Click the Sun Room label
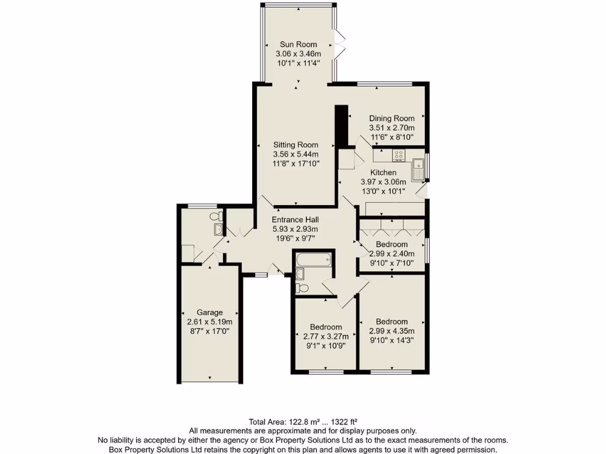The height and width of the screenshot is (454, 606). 298,44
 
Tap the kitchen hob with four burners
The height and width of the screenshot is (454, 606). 398,155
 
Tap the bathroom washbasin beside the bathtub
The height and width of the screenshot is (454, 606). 299,273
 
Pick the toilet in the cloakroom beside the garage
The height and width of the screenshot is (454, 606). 215,216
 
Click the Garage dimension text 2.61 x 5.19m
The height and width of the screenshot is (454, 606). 210,322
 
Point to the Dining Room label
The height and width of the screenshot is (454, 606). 392,118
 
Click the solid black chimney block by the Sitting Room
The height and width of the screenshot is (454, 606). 340,127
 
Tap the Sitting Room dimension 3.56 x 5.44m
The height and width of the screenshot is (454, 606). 296,154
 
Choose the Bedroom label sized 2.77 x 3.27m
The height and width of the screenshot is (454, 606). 325,327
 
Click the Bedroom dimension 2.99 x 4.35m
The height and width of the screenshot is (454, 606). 392,331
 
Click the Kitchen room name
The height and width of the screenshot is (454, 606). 383,172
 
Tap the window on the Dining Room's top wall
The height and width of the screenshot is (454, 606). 377,83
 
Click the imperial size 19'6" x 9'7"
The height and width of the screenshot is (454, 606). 295,238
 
